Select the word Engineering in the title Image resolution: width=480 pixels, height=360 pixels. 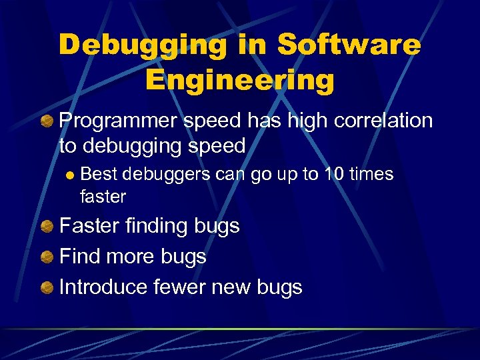239,80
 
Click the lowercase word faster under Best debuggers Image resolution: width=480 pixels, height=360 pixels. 103,196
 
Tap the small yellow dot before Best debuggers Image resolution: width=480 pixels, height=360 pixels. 69,175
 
